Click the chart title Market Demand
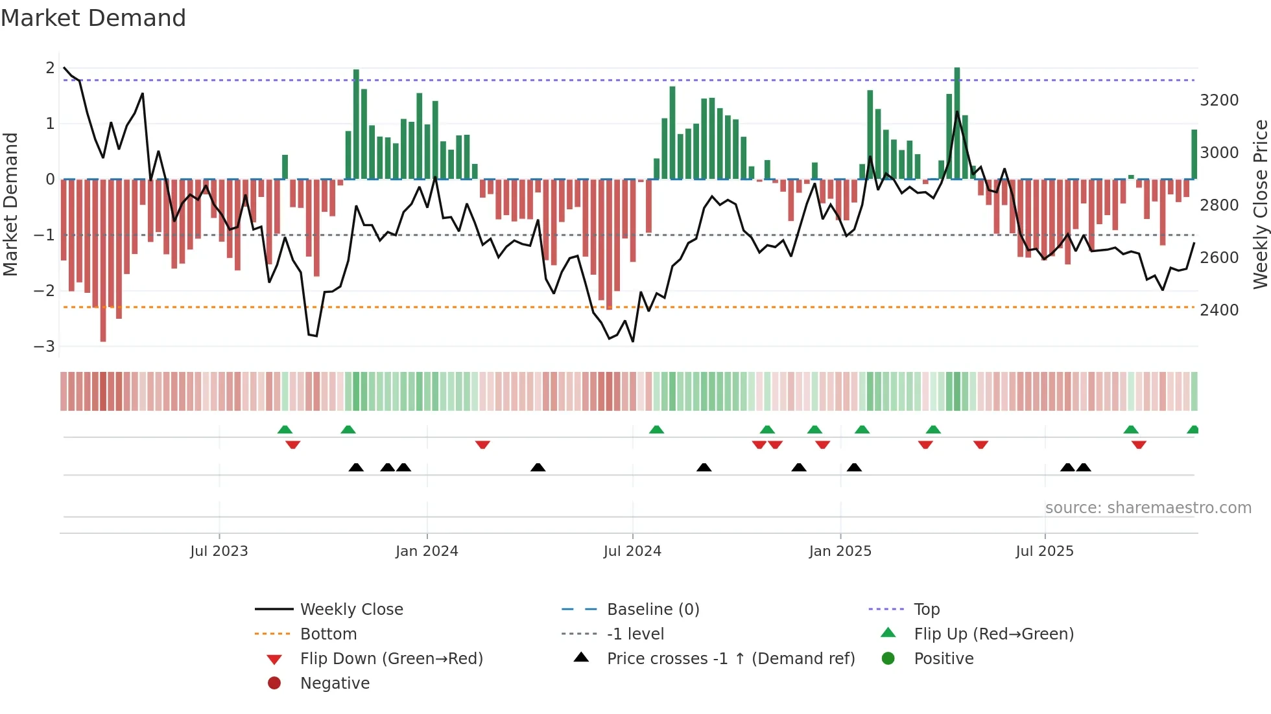tap(93, 18)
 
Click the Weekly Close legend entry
tap(351, 609)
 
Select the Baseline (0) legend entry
tap(652, 609)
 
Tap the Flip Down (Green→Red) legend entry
tap(391, 658)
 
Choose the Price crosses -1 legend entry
tap(730, 658)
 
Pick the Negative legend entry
tap(335, 683)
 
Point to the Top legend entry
tap(926, 609)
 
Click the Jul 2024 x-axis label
tap(632, 551)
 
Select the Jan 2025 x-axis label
tap(840, 551)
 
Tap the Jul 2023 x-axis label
tap(219, 551)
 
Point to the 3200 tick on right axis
tap(1219, 100)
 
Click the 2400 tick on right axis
tap(1219, 310)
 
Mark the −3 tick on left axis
tap(45, 346)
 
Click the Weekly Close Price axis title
tap(1260, 204)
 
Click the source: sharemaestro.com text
tap(1148, 507)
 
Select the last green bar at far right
tap(1194, 154)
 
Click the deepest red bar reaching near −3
tap(103, 259)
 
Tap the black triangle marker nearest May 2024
tap(538, 467)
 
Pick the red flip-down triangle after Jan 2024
tap(482, 444)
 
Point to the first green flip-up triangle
tap(285, 429)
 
